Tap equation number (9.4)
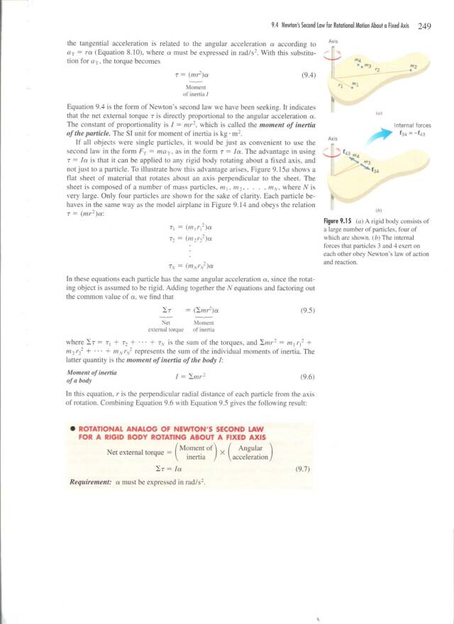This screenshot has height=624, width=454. click(309, 73)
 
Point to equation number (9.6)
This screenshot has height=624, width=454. click(309, 377)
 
